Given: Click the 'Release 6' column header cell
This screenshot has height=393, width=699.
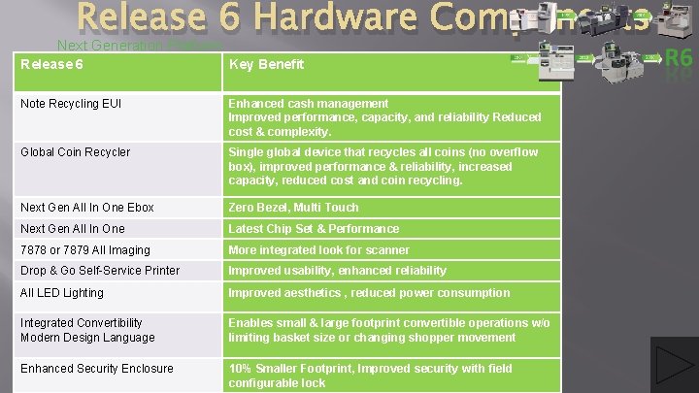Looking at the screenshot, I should [51, 64].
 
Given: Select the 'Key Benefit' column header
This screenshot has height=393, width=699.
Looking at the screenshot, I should [266, 64].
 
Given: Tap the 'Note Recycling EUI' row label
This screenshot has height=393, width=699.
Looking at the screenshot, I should [71, 103].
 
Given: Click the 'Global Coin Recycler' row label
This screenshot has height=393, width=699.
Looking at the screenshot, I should [75, 152].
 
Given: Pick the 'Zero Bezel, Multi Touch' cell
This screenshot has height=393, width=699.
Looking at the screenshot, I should [293, 207].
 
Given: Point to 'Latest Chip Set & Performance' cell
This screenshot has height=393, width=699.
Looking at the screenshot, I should [313, 228].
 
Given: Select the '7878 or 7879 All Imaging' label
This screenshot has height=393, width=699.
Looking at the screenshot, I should [85, 249].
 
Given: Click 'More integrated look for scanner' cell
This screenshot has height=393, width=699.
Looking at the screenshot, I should [318, 249].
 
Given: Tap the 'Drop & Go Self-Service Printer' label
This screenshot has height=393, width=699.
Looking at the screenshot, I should [100, 271].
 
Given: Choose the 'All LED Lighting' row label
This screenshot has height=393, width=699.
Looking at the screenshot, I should [61, 292].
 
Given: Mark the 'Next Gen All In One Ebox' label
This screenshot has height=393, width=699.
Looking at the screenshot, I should [87, 207].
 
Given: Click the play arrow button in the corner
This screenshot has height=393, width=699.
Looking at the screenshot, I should [675, 365].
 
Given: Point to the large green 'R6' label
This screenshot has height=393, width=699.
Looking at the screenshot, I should [678, 58].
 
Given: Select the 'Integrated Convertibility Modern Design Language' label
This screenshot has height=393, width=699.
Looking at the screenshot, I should [87, 330].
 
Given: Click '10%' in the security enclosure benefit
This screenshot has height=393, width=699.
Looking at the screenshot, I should [242, 368].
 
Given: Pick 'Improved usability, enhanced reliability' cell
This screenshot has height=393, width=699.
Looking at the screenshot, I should [337, 271].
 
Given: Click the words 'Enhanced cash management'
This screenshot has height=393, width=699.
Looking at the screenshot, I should [308, 103].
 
